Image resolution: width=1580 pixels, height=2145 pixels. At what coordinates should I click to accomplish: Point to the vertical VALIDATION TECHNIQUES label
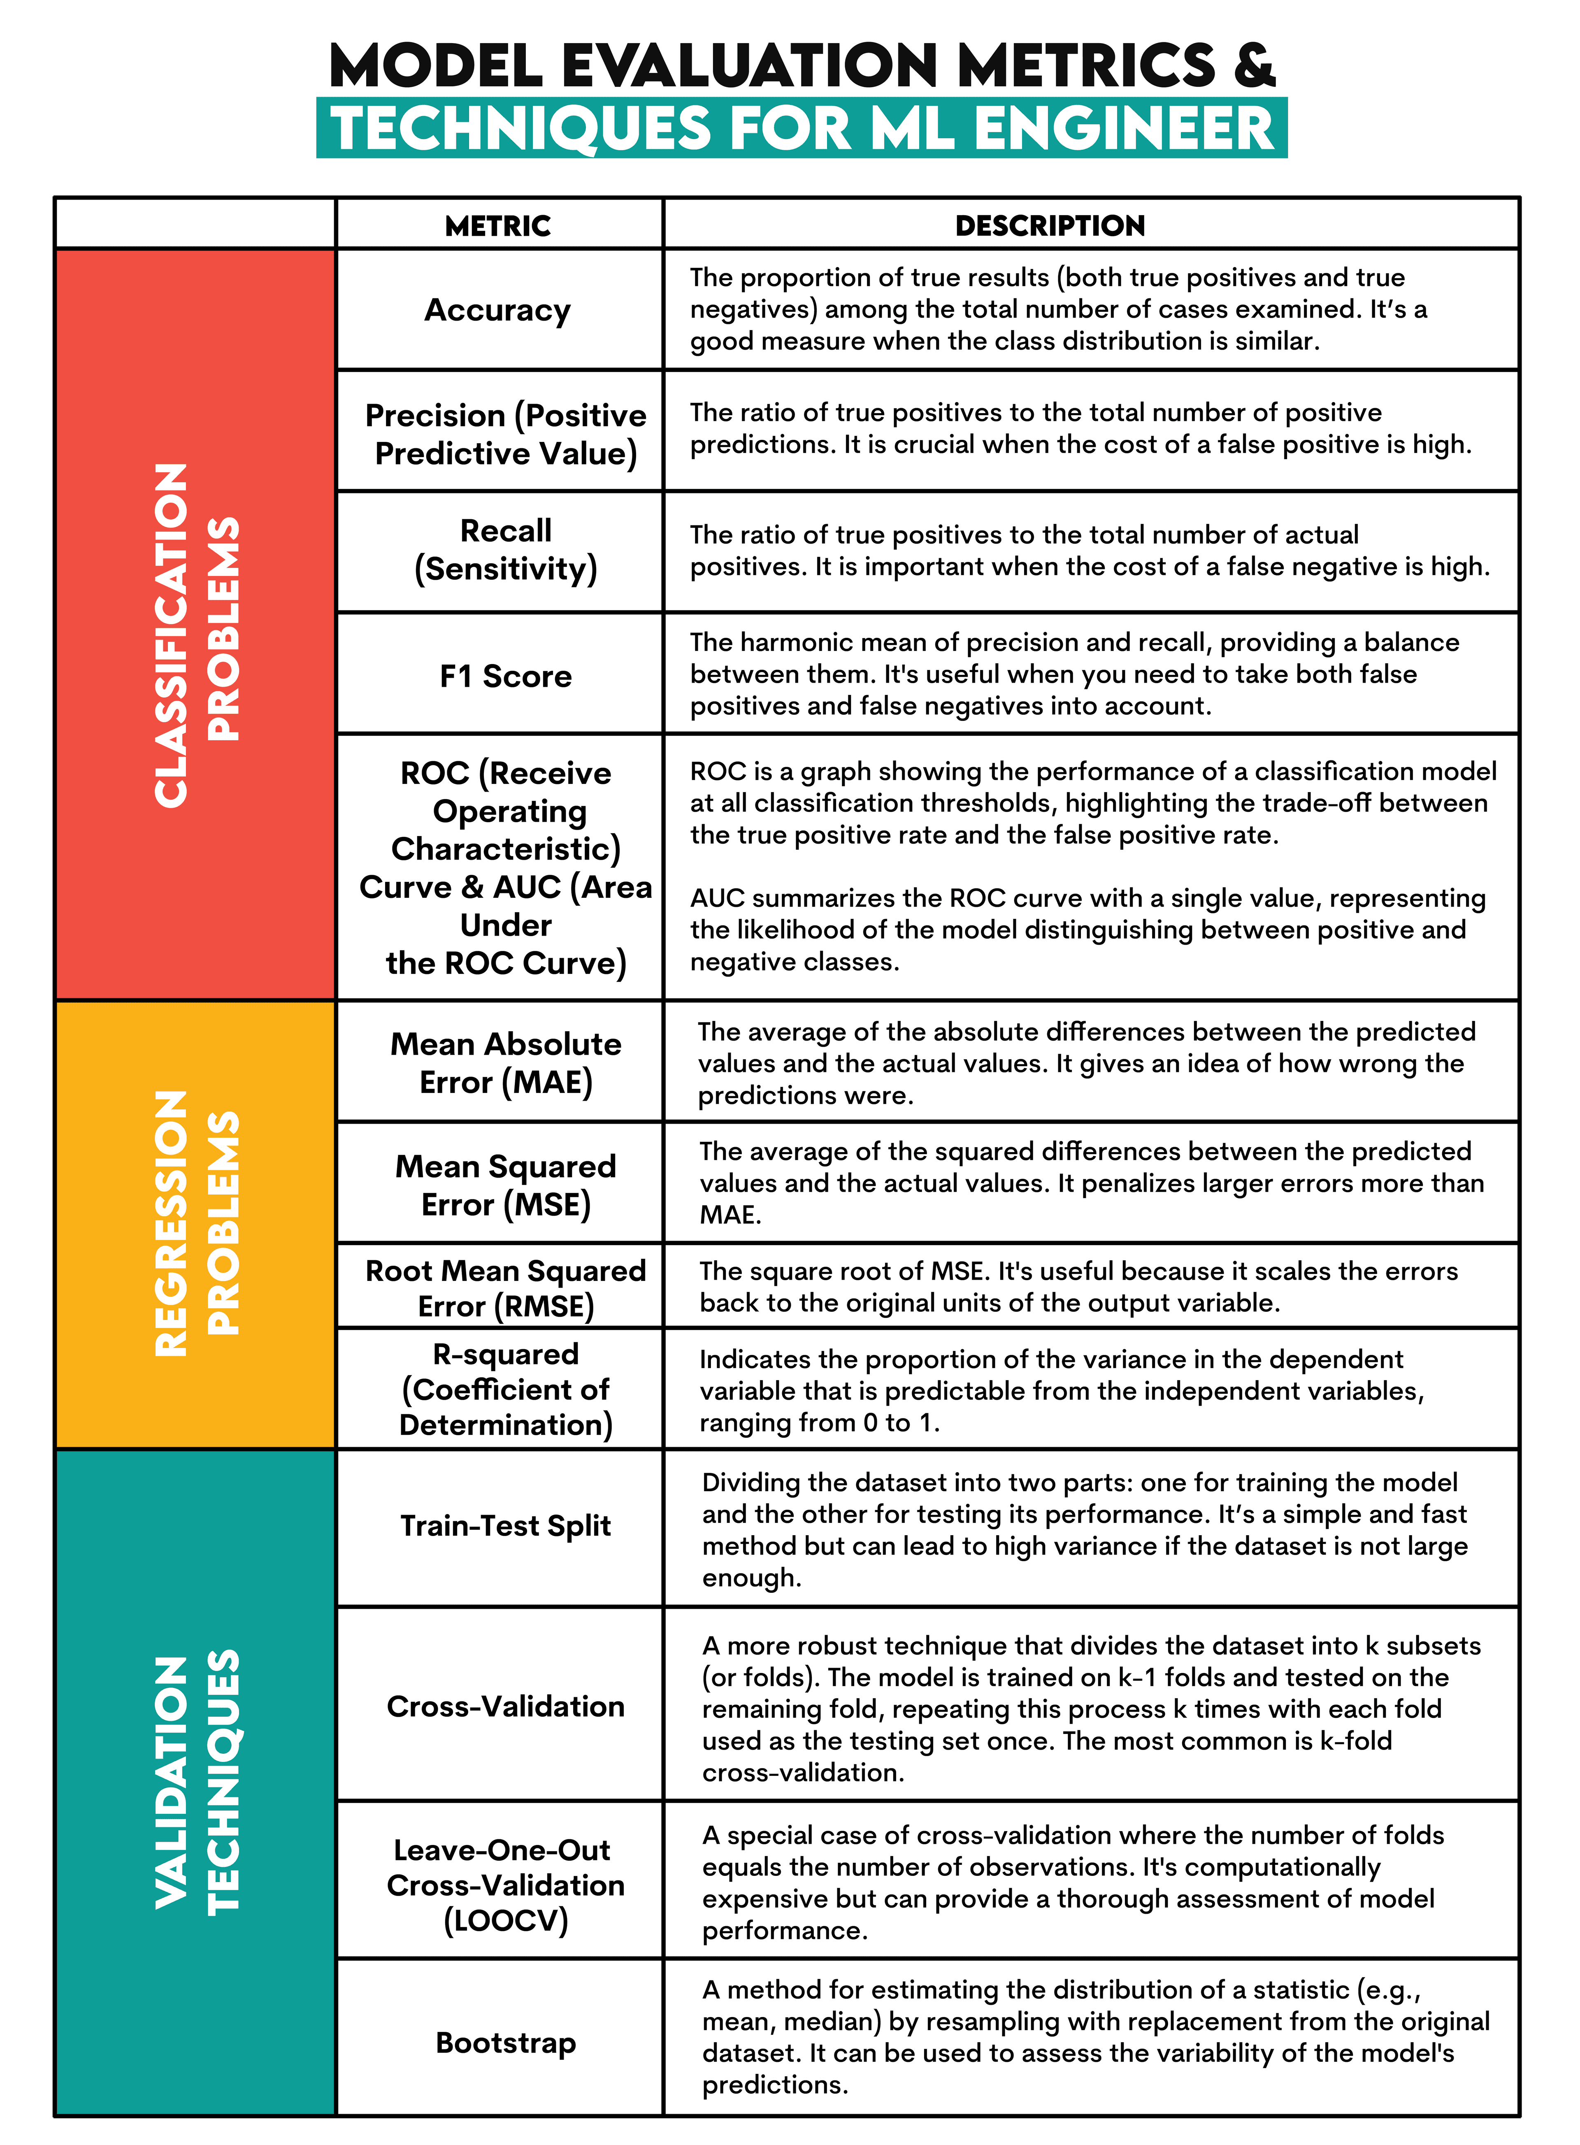pos(196,1782)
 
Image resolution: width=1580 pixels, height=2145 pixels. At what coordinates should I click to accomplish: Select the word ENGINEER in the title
pos(1124,128)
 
